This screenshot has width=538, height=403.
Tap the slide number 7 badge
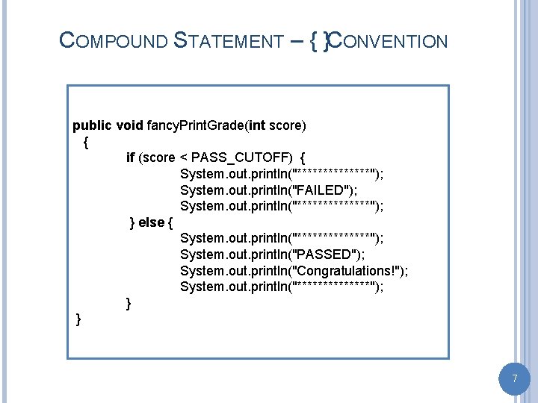coord(514,379)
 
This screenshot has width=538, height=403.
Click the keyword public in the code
coord(92,125)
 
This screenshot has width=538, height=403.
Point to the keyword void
coord(130,125)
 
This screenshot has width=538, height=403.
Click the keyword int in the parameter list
coord(258,125)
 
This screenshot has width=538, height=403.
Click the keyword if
coord(130,157)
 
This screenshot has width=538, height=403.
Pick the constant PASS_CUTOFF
coord(243,157)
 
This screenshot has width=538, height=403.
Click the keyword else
coord(151,222)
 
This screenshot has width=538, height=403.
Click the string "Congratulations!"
coord(347,270)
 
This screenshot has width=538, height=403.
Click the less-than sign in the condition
coord(184,157)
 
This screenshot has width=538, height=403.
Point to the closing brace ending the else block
coord(129,303)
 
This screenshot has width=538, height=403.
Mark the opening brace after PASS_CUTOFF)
coord(302,157)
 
